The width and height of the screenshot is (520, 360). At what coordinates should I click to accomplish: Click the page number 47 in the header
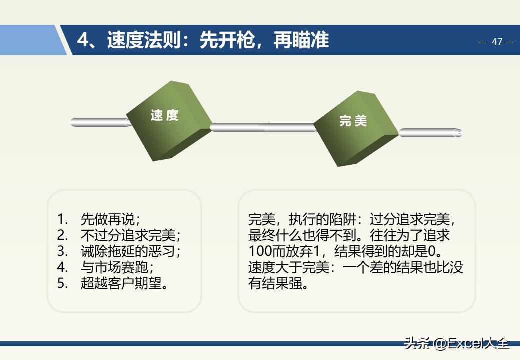pos(497,42)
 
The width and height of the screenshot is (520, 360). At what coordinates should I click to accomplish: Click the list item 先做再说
pos(110,219)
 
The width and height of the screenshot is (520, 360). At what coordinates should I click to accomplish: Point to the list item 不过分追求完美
pos(130,235)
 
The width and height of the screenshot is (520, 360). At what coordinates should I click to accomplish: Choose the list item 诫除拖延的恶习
pos(130,251)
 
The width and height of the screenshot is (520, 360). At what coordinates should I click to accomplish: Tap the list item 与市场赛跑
pos(117,267)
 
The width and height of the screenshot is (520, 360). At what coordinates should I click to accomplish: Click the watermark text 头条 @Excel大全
pos(457,343)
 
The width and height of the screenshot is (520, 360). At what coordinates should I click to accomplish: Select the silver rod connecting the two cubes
pos(263,127)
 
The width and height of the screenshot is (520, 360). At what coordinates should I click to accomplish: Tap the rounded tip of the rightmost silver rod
pos(458,133)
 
